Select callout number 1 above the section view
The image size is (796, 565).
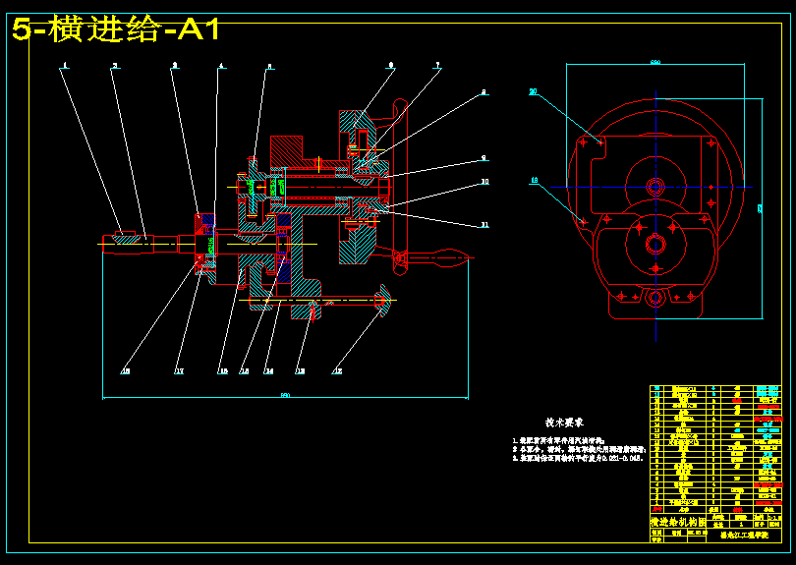(x=64, y=66)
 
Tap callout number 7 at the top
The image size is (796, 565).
(x=437, y=66)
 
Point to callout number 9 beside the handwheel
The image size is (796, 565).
(x=483, y=158)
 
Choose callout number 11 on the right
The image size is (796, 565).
(x=483, y=225)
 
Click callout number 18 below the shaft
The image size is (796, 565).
(x=125, y=371)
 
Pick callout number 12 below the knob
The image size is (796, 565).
(x=338, y=371)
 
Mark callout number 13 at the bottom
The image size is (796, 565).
(x=300, y=371)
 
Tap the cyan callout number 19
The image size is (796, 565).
(x=535, y=180)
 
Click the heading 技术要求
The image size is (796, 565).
(x=566, y=421)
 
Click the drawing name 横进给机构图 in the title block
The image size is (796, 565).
(x=679, y=521)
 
